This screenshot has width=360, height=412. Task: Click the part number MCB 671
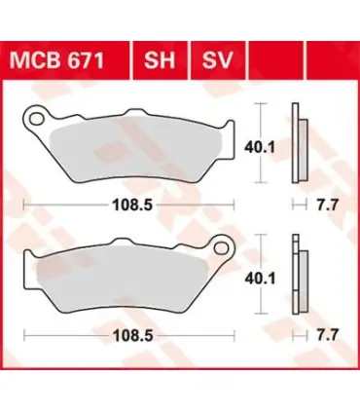coord(57,60)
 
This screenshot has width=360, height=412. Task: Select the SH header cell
coord(160,60)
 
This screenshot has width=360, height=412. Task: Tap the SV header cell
coord(218,60)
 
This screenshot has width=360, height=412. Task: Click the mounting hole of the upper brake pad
coord(36,119)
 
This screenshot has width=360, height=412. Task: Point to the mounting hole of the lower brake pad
coord(222,247)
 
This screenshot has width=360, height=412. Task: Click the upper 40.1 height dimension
coord(260,148)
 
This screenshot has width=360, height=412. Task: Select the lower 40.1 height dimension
coord(260,279)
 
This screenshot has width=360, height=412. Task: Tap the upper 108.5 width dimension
coord(132,205)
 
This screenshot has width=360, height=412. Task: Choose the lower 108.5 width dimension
coord(132,336)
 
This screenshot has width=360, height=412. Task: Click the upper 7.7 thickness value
coord(328,205)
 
